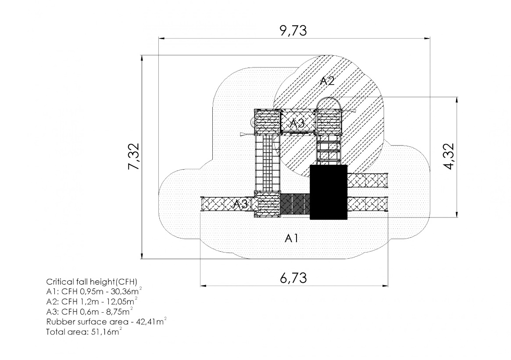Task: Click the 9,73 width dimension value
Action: click(x=293, y=31)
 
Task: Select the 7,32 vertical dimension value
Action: click(x=134, y=156)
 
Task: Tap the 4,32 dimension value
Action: click(x=449, y=156)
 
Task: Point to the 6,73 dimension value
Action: click(x=293, y=278)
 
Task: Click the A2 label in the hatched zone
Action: click(x=327, y=81)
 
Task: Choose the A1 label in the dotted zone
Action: click(x=291, y=239)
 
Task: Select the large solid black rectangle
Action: click(x=329, y=192)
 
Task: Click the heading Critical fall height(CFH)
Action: click(x=92, y=282)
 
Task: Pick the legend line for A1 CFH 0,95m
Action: click(x=94, y=291)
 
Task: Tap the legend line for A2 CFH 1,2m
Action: click(x=92, y=301)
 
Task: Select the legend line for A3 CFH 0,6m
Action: click(x=89, y=311)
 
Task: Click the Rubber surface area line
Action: click(x=106, y=321)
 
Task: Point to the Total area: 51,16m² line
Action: click(x=84, y=331)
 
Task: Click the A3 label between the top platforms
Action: click(x=297, y=124)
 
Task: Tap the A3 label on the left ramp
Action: click(x=241, y=204)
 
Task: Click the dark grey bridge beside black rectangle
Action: click(x=295, y=204)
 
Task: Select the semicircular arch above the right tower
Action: click(x=329, y=103)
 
